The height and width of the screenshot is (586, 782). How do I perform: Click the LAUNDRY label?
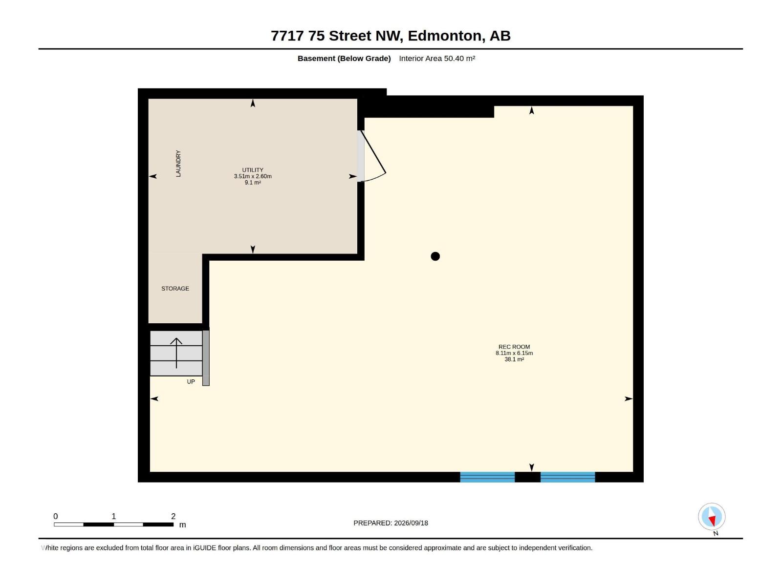click(178, 163)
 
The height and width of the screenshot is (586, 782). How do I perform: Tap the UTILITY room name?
click(253, 170)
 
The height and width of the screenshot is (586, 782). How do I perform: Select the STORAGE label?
click(175, 289)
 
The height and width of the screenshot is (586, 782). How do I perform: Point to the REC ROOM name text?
click(514, 347)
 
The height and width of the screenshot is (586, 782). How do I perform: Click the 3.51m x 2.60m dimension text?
click(253, 176)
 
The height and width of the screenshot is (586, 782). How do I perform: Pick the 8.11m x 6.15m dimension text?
click(514, 353)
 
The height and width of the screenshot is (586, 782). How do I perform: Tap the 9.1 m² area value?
click(253, 183)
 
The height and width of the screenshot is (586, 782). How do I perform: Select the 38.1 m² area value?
click(514, 359)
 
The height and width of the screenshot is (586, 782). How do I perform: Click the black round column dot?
click(435, 256)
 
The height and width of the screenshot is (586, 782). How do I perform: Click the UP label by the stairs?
click(191, 382)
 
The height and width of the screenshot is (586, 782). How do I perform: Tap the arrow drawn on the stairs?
click(176, 353)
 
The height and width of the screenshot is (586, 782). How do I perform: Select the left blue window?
click(487, 477)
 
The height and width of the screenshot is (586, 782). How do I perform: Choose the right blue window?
click(567, 477)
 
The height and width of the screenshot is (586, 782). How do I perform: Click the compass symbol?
click(712, 516)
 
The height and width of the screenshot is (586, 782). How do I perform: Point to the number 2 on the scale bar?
click(173, 516)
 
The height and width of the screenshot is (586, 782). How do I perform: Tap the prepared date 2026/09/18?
click(411, 523)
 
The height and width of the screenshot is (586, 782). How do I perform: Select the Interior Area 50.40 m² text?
click(437, 58)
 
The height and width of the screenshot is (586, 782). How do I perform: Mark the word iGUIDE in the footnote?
click(204, 548)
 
